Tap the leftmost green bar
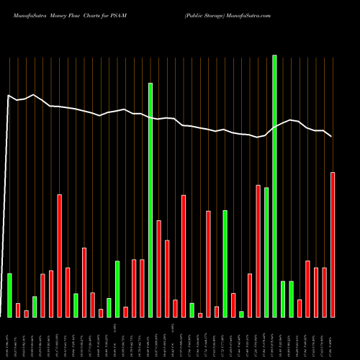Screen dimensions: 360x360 tap(9, 295)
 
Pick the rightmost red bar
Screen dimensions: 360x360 tap(333, 245)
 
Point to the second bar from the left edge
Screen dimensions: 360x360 tap(18, 310)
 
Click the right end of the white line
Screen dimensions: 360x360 tap(331, 136)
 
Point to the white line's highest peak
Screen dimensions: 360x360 tap(34, 94)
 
